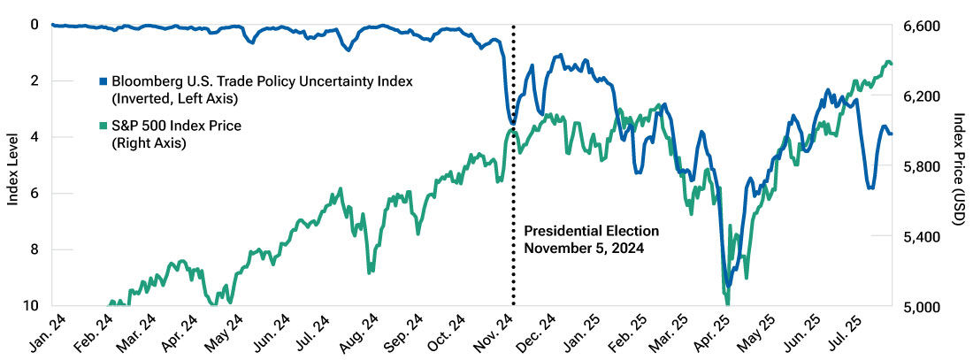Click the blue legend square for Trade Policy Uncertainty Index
[103, 81]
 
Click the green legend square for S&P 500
[103, 126]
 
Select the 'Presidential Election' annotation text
[591, 231]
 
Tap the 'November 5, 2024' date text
[584, 249]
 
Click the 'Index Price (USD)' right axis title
[959, 168]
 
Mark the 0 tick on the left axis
[34, 25]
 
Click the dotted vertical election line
[514, 195]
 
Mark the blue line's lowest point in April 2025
[727, 285]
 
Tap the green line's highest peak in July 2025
[887, 62]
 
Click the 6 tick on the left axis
[34, 194]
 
